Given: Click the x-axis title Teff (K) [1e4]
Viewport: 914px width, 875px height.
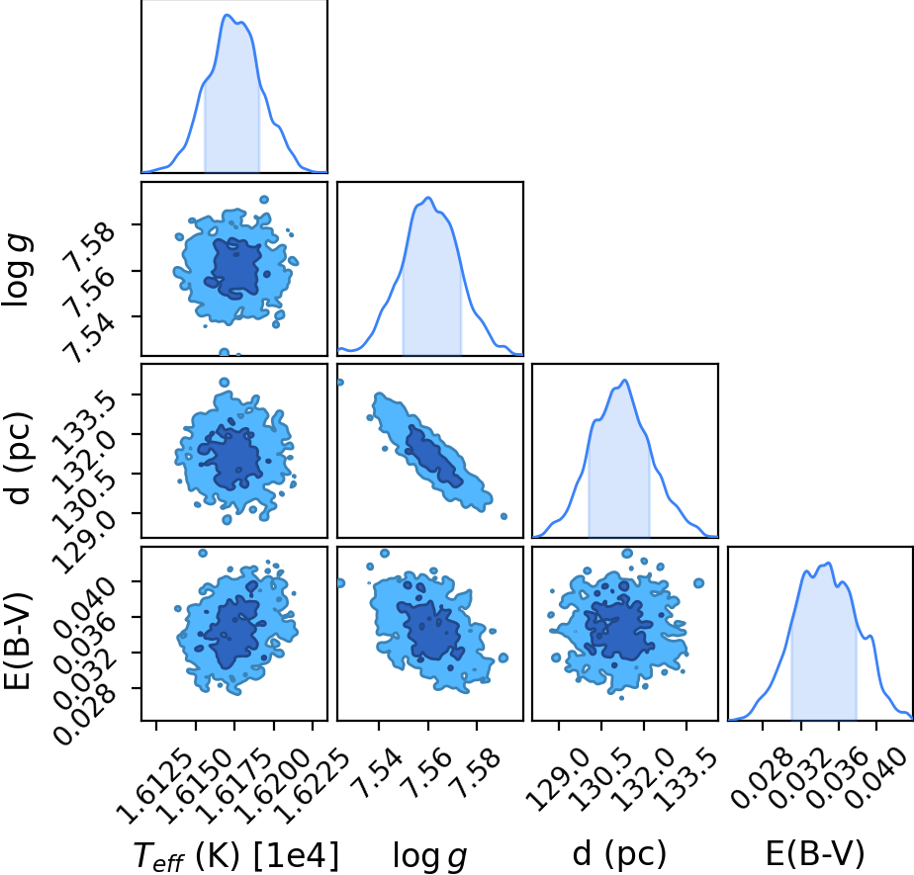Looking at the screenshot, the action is (236, 855).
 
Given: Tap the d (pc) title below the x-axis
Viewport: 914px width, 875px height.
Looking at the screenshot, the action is (619, 854).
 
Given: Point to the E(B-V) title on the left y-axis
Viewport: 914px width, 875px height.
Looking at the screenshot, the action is (16, 641).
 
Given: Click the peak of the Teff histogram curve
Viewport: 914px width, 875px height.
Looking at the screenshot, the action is (228, 15).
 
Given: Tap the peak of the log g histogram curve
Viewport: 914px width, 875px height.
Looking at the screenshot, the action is (428, 198).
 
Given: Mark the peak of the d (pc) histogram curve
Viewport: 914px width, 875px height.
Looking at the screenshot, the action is (625, 381).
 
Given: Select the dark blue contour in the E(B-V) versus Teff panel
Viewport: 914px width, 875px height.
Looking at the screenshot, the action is (233, 632).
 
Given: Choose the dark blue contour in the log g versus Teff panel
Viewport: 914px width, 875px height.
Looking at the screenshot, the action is (234, 268).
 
